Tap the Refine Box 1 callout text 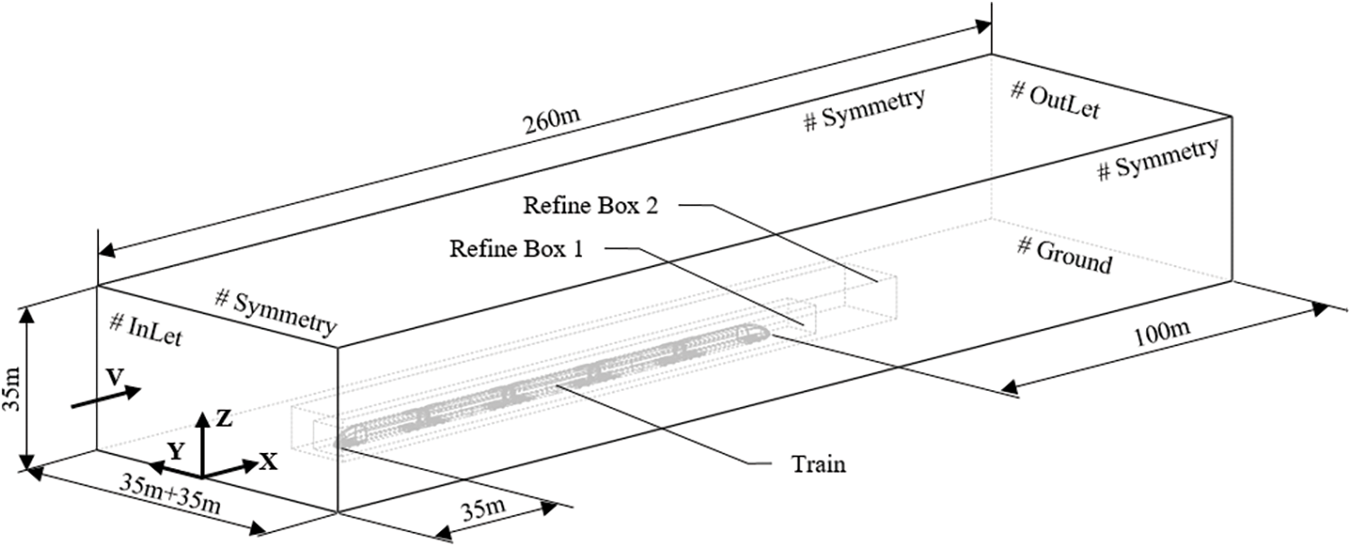tap(517, 249)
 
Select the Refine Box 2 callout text tap(593, 206)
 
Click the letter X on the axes tap(268, 462)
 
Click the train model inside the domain tap(557, 384)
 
